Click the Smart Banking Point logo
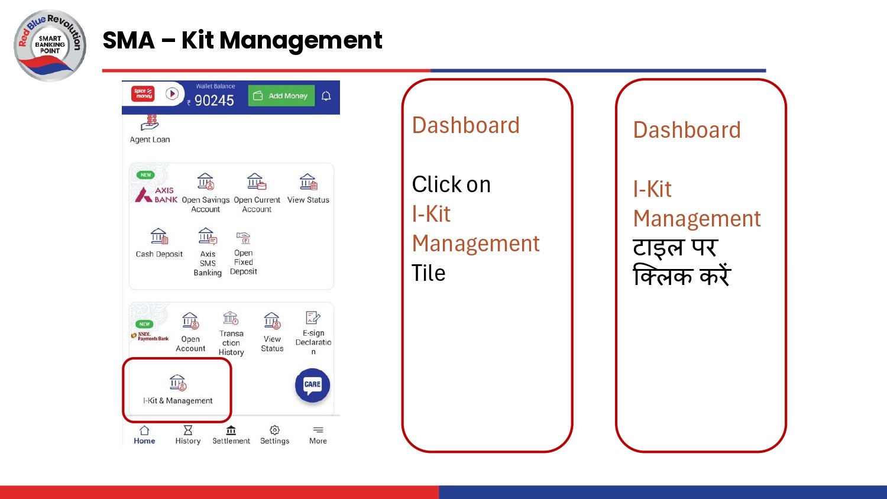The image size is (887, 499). click(x=50, y=45)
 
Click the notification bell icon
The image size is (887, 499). click(x=326, y=96)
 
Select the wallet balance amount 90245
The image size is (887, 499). click(x=214, y=101)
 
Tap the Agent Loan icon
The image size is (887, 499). click(x=150, y=123)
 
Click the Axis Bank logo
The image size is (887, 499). click(x=156, y=194)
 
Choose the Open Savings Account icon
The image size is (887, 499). click(x=205, y=182)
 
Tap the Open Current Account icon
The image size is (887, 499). click(x=256, y=182)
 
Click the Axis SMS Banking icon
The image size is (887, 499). click(x=207, y=237)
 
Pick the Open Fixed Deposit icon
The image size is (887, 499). click(x=243, y=238)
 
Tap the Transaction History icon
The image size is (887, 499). click(x=231, y=319)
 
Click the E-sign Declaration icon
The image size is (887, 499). click(x=313, y=318)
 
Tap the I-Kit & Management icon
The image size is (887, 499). click(x=177, y=383)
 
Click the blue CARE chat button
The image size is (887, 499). click(x=312, y=385)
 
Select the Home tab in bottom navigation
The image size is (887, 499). click(x=144, y=435)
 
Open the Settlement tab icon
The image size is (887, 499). click(x=231, y=430)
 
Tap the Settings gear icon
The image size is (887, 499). click(x=274, y=430)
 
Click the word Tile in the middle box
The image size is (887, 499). click(x=428, y=273)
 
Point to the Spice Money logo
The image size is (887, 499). click(x=143, y=94)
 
